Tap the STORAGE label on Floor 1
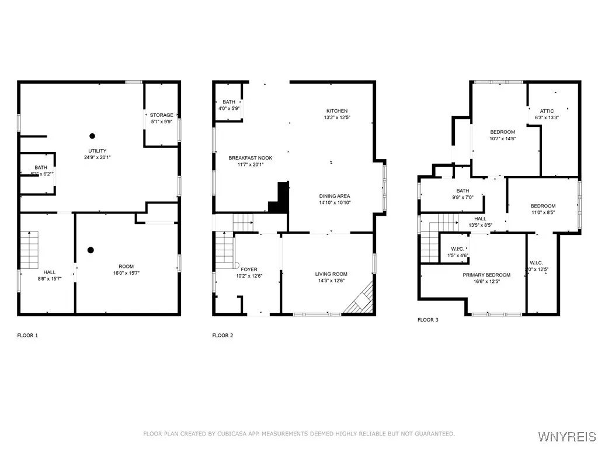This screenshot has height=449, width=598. point(161,115)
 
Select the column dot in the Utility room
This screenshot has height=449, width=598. point(92,134)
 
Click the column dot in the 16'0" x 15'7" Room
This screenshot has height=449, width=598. point(91,250)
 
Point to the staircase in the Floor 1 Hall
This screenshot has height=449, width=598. point(30,250)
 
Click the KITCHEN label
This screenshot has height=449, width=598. point(336,110)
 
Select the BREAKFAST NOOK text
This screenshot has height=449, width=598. point(250,158)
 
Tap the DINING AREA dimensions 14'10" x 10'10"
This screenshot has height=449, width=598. point(335,203)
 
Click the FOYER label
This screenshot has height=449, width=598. point(249,270)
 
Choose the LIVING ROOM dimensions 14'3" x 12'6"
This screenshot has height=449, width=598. point(331,281)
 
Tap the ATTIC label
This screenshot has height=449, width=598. point(547,110)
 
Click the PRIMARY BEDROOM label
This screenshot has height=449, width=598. point(486,275)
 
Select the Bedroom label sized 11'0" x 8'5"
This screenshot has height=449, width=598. point(543,206)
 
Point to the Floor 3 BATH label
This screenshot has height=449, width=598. point(463,191)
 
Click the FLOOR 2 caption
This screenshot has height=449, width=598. point(222,336)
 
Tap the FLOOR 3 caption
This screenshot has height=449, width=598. point(427,320)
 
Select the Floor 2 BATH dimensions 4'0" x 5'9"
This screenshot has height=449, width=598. point(228,109)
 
